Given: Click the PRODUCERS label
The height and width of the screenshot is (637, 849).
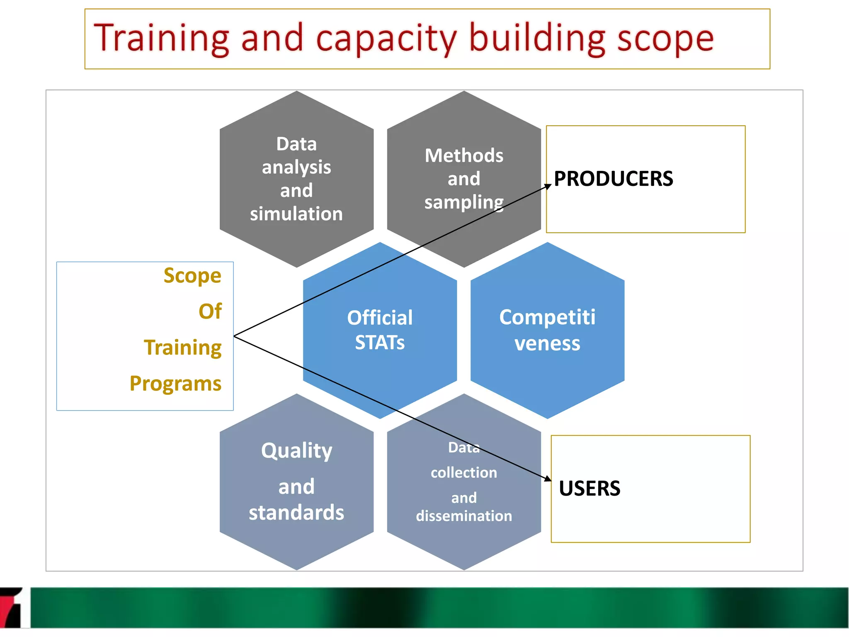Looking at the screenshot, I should point(613,179).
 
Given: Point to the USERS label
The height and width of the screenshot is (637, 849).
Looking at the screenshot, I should point(589,489).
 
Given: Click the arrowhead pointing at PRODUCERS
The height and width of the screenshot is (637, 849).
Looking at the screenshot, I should point(548,186).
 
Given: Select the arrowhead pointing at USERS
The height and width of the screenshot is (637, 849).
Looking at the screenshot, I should point(548,479).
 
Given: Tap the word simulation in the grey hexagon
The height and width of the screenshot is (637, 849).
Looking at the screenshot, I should point(296,214).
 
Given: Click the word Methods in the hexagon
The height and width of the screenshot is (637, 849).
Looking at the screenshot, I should point(464,156).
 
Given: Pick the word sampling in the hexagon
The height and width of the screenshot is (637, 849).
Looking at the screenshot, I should point(464,202).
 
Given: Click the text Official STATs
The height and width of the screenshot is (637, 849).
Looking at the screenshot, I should point(380,330).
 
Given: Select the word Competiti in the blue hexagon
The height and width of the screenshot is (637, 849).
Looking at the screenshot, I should point(547,318).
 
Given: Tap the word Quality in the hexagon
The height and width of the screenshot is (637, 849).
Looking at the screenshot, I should point(296,451).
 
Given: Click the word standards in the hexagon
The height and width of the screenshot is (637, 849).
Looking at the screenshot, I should point(296,513).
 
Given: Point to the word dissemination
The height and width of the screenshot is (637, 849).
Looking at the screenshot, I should point(464,516).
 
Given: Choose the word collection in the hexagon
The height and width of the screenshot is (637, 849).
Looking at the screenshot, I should point(464,473).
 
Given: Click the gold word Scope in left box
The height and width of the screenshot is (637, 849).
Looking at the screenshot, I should point(192,276).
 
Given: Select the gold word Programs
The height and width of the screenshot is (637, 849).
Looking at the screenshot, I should point(175,384).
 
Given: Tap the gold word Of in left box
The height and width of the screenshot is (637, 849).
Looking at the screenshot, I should point(210,311).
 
